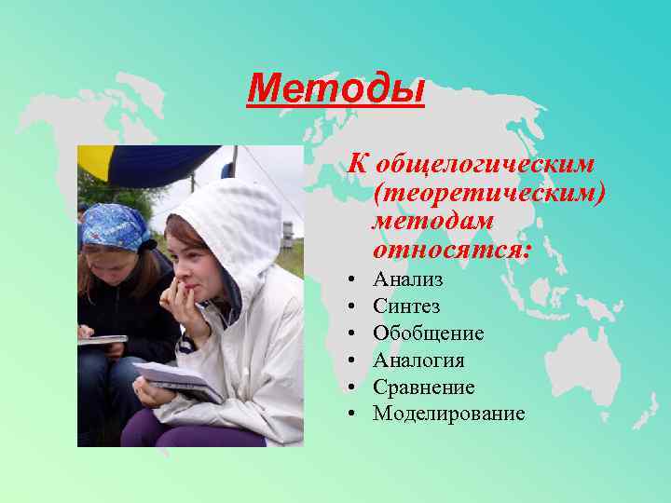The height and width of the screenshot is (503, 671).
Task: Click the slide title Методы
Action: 335,90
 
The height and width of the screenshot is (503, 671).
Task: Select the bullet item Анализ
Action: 407,279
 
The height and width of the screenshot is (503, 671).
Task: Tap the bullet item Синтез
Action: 406,306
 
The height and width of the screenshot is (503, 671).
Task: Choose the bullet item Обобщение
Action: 428,333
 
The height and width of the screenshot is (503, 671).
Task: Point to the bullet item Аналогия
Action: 418,360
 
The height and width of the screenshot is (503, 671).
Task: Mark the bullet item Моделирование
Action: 448,414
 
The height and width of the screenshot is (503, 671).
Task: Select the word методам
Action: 432,221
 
